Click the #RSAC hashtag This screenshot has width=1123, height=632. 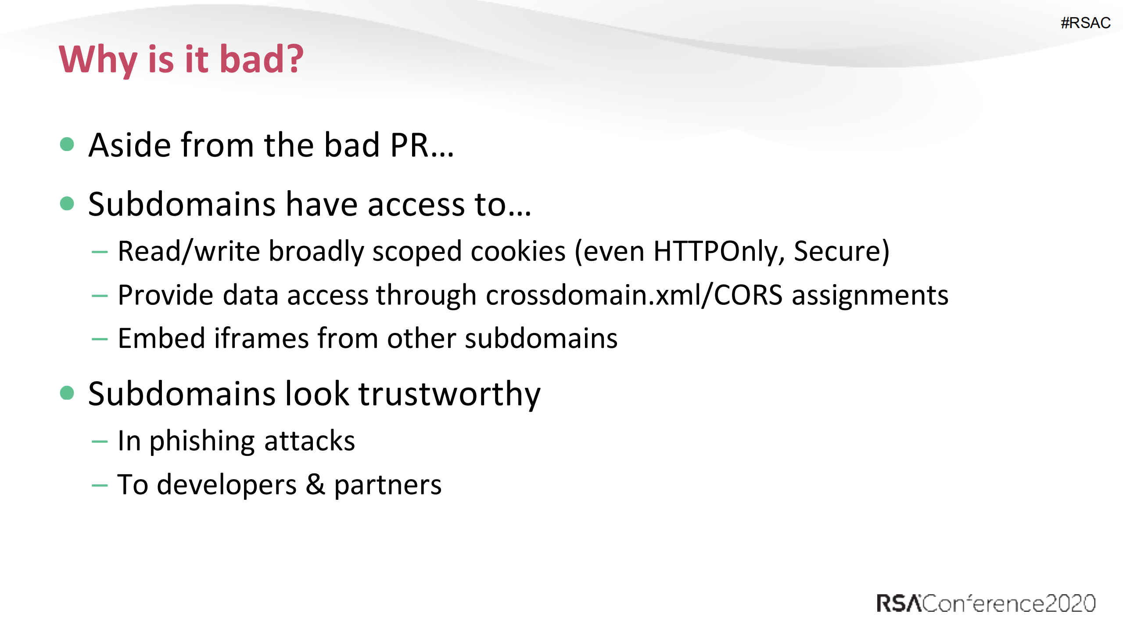(x=1085, y=23)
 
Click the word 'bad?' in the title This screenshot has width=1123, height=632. (x=261, y=59)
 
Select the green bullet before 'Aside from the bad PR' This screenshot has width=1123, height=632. (x=67, y=144)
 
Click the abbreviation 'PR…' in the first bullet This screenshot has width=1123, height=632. (x=422, y=145)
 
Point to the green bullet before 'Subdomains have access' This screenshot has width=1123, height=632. (x=67, y=203)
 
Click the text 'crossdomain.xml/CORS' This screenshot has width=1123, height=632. (x=634, y=295)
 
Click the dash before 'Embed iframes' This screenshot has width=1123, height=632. (x=100, y=339)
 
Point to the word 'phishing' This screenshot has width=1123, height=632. (x=202, y=441)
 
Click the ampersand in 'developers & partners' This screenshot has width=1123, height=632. (x=316, y=484)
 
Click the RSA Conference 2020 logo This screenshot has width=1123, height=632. (x=986, y=603)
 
